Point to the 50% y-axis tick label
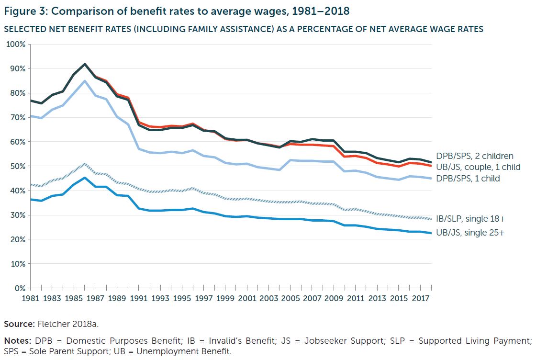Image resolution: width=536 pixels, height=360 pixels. click(x=17, y=167)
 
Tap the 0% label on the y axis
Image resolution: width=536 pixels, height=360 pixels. click(x=20, y=289)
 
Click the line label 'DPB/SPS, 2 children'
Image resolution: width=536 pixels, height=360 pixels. click(x=474, y=156)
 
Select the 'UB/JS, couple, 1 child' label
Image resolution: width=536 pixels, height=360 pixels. click(x=478, y=167)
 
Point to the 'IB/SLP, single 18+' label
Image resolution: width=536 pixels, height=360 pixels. click(x=470, y=219)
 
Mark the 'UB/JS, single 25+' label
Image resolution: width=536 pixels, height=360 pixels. click(x=470, y=232)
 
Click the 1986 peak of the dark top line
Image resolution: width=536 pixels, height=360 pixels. click(x=85, y=64)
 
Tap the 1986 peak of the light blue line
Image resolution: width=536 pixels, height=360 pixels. click(x=85, y=81)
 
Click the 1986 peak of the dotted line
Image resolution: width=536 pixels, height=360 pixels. click(x=85, y=164)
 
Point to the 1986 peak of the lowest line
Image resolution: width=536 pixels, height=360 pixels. click(x=85, y=178)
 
